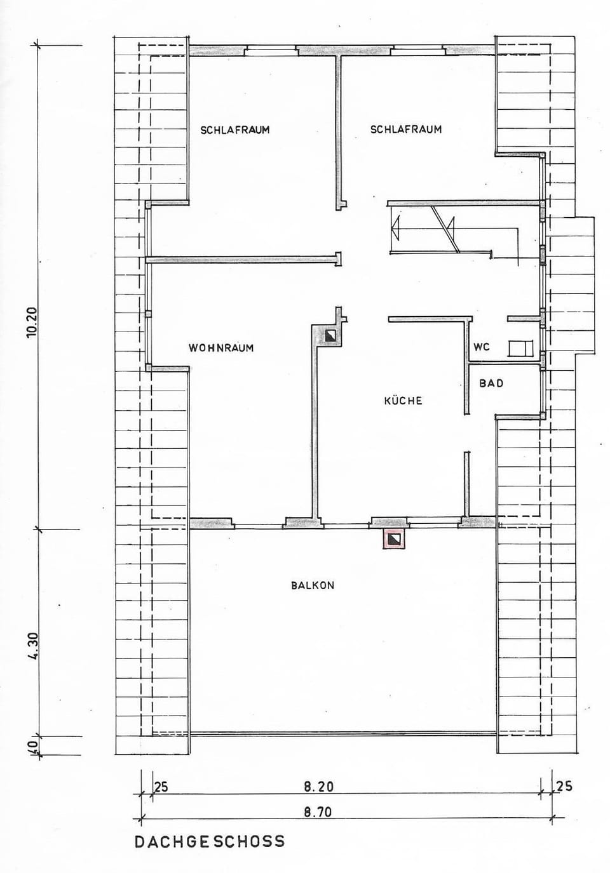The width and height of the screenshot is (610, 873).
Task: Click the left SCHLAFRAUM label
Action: point(235,130)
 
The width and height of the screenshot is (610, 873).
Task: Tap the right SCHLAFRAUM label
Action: point(406,129)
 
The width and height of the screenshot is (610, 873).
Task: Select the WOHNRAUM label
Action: point(221,348)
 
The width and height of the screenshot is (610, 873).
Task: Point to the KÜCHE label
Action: point(403,400)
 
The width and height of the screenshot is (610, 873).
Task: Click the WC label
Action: point(481,347)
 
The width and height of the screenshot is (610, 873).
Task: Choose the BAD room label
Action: point(491,383)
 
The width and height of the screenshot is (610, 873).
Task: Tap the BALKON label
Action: point(313,585)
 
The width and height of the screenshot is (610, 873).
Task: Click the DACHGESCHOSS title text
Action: point(210,841)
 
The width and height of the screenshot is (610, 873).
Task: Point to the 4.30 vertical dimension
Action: point(33,646)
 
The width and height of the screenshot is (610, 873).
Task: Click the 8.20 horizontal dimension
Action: point(318,787)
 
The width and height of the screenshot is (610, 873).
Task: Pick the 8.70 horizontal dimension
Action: point(318,812)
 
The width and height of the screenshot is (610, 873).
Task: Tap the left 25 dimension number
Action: point(161,787)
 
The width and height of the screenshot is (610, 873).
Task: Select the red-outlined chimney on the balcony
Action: point(394,539)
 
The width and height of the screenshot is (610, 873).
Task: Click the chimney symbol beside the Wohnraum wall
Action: point(331,335)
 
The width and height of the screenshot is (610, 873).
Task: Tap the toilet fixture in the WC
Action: point(520,348)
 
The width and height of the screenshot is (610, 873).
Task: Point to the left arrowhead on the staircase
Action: point(396,228)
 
